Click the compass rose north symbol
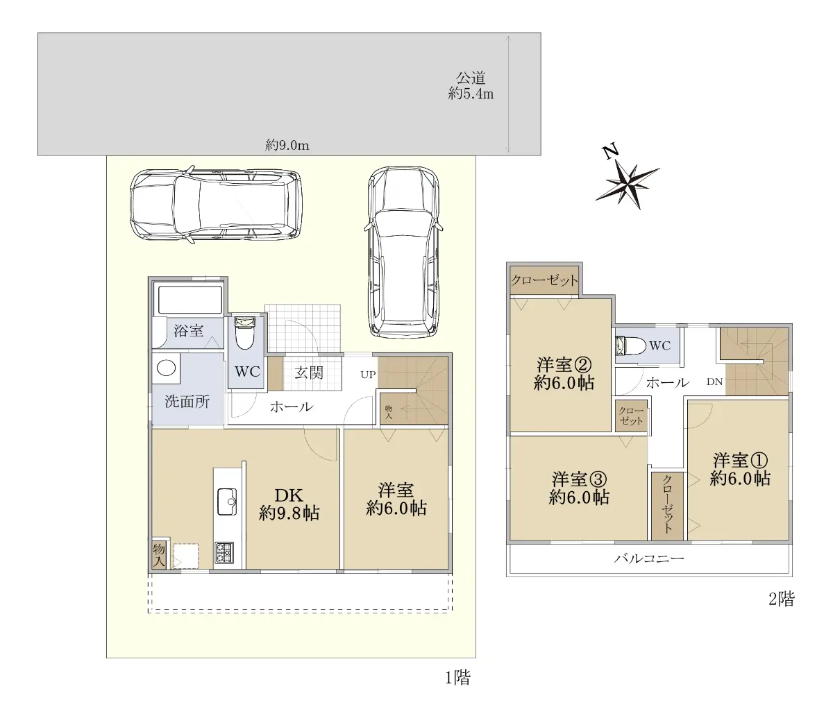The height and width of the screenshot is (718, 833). tap(627, 181)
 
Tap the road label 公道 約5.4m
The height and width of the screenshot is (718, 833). tap(471, 85)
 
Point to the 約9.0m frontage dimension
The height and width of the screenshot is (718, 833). tap(287, 145)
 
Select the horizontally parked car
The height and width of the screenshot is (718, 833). tap(217, 205)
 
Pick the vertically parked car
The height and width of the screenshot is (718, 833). tap(404, 252)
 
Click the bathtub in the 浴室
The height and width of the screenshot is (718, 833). tap(190, 300)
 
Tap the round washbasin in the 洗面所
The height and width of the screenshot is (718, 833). tap(166, 368)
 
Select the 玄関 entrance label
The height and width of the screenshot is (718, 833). tap(309, 373)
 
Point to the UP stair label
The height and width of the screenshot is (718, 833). tap(368, 375)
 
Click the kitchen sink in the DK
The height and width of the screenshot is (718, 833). tap(227, 501)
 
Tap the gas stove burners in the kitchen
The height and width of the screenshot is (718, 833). tap(224, 552)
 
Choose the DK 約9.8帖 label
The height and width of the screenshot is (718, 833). tap(289, 504)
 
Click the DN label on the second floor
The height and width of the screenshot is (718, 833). tap(714, 382)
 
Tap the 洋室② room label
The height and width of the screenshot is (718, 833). tap(564, 374)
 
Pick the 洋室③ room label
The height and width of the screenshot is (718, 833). tap(579, 488)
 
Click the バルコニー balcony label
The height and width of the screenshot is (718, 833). tap(649, 558)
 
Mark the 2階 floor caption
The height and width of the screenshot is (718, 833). tap(782, 599)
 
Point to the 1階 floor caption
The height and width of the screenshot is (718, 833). tap(458, 678)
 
